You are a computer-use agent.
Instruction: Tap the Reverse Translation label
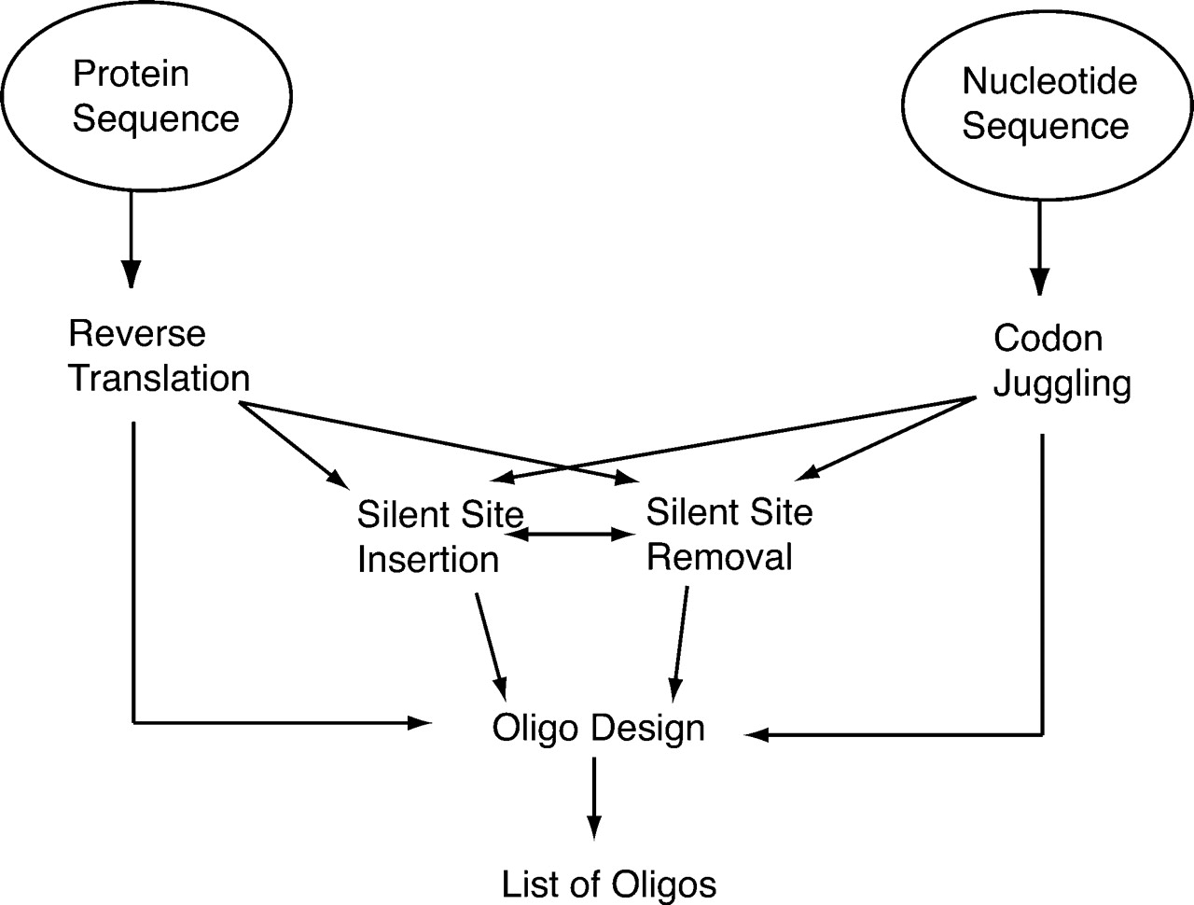159,355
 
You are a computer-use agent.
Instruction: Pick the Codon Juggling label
1062,360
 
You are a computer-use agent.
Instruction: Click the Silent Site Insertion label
439,536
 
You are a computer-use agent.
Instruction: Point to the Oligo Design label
598,728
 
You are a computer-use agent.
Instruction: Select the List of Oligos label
609,884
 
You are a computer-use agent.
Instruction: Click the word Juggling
1062,383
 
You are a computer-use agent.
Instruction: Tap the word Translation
159,379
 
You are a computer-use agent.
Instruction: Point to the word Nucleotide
1049,81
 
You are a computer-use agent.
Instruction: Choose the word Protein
132,73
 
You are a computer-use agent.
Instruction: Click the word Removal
719,557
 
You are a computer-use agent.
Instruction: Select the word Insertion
428,560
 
